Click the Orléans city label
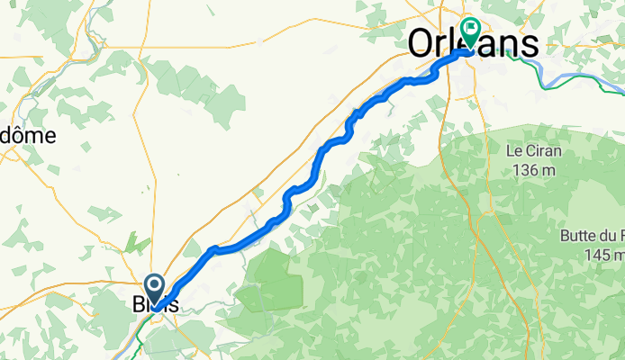pyautogui.click(x=474, y=43)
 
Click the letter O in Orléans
pyautogui.click(x=421, y=43)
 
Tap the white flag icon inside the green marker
pyautogui.click(x=470, y=28)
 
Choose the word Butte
pyautogui.click(x=578, y=236)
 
